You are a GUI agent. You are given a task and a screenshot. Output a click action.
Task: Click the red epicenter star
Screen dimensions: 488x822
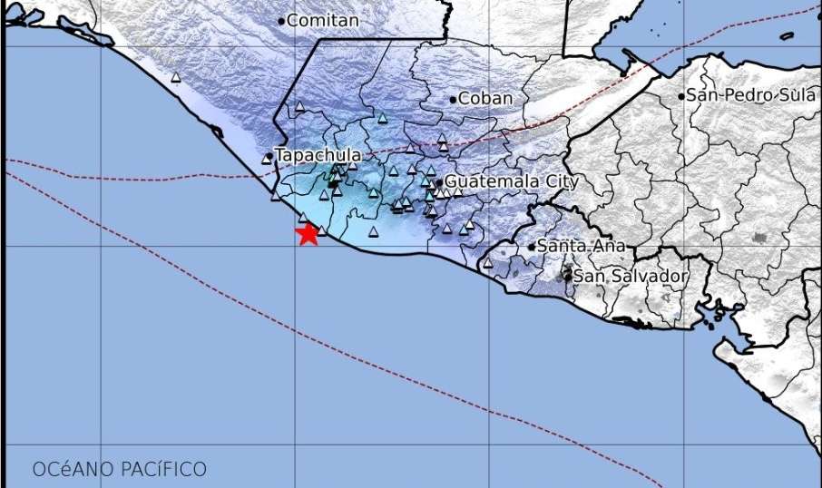coord(308,234)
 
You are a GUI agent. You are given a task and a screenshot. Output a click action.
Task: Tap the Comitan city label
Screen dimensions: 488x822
coord(323,20)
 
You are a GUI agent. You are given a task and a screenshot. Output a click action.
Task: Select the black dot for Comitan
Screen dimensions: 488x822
coord(282,21)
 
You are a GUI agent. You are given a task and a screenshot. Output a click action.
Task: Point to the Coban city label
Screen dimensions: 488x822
coord(485,98)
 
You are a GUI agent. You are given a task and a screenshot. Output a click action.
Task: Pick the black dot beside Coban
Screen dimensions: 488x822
coord(453,99)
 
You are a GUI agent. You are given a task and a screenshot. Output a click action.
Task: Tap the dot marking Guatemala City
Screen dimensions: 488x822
coord(439,182)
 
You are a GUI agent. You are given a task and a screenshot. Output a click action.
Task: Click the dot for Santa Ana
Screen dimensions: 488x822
coord(533,247)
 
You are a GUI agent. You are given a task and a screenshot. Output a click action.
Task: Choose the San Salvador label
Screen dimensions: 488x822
coord(631,276)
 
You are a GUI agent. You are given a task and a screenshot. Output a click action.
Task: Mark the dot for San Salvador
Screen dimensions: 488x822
coord(569,276)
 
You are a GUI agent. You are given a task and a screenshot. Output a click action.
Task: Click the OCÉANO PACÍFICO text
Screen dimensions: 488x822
coord(120,470)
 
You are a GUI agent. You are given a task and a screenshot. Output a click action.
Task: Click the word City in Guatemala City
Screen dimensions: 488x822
coord(562,181)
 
